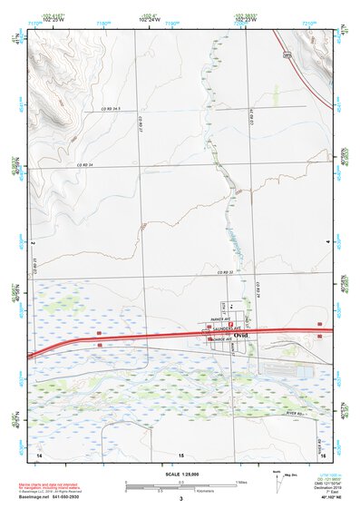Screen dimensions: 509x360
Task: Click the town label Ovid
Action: (240, 336)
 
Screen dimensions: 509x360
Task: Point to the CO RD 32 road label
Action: (226, 272)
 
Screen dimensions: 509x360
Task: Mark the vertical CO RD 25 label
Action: (34, 263)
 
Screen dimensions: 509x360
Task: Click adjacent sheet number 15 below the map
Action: (180, 453)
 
